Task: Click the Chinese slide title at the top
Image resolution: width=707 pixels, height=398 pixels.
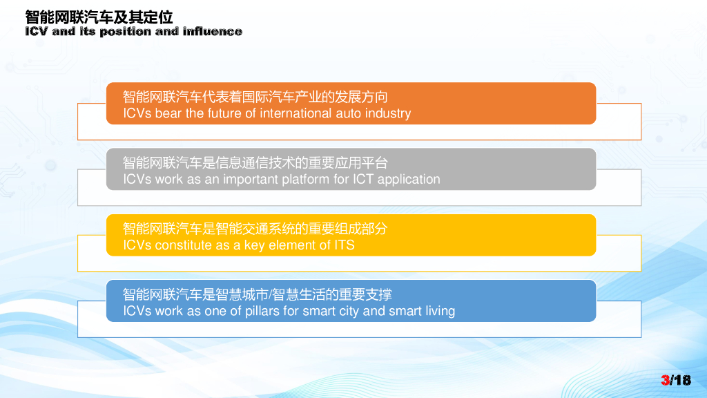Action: [99, 17]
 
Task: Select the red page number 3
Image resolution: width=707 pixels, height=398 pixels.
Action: [665, 381]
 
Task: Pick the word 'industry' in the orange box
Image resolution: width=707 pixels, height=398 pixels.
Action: [388, 113]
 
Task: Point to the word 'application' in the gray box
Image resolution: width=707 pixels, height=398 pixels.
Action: [409, 180]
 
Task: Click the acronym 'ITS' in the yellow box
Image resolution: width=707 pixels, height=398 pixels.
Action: [344, 245]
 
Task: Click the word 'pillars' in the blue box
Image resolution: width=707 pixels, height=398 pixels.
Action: [262, 312]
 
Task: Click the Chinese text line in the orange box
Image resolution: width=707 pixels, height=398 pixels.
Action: [255, 97]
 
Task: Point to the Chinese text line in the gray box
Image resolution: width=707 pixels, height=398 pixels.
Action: [255, 163]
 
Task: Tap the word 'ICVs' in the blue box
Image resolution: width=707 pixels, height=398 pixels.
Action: [137, 311]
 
